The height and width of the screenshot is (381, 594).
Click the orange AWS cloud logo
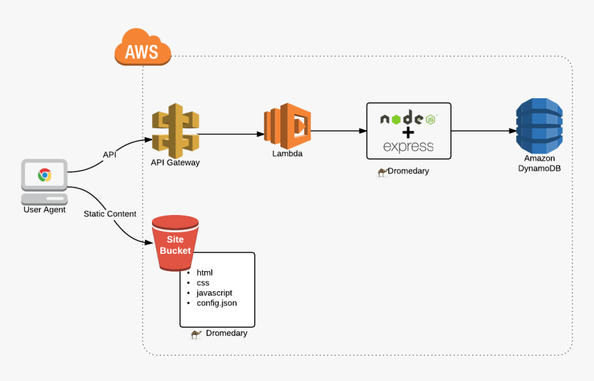142,48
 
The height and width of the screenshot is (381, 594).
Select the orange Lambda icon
287,125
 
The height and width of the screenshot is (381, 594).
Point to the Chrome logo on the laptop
44,175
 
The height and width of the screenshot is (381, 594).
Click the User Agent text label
44,210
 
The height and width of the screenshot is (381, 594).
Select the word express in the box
408,147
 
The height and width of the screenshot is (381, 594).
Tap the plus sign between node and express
408,132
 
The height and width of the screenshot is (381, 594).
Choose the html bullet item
204,272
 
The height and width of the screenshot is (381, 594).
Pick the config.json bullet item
216,303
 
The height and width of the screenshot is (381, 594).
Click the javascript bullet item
214,292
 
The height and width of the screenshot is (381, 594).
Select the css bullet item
202,283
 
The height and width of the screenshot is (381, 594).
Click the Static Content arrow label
110,214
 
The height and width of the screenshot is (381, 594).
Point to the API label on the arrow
110,155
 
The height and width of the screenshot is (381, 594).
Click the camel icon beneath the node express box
382,172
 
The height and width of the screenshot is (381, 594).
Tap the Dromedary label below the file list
226,333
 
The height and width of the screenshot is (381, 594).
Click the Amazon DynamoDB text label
539,163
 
